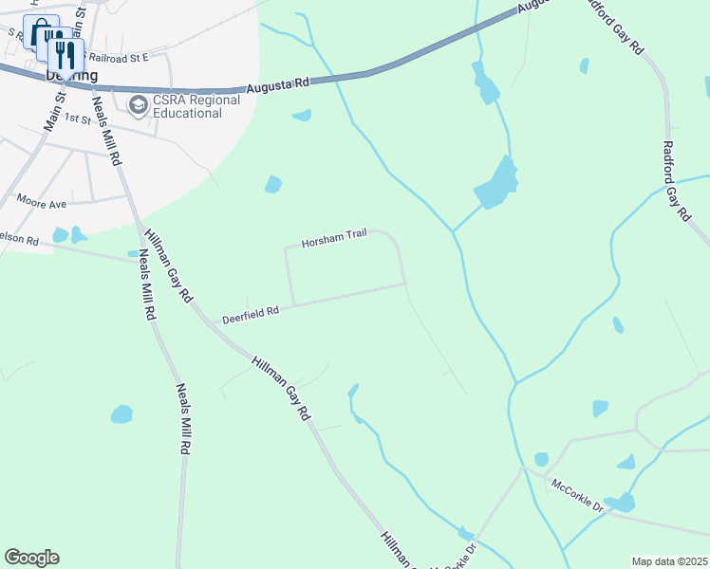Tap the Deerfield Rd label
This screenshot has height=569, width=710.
pyautogui.click(x=251, y=313)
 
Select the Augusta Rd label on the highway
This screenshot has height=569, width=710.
pyautogui.click(x=278, y=85)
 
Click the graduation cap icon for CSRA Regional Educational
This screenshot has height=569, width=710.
pyautogui.click(x=138, y=103)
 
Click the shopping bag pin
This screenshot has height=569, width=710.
pyautogui.click(x=40, y=34)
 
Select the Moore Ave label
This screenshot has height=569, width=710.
pyautogui.click(x=42, y=202)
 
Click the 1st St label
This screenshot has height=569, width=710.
pyautogui.click(x=79, y=120)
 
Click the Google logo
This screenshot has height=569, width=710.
pyautogui.click(x=31, y=558)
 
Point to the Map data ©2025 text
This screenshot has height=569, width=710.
pyautogui.click(x=668, y=561)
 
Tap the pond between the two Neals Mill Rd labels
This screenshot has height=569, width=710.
pyautogui.click(x=121, y=414)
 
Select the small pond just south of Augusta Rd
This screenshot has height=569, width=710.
pyautogui.click(x=302, y=116)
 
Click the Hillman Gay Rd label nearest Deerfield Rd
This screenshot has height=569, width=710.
pyautogui.click(x=166, y=269)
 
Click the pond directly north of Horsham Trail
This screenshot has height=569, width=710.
pyautogui.click(x=273, y=184)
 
